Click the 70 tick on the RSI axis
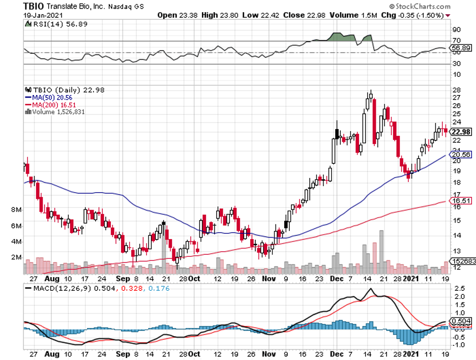[x=457, y=41]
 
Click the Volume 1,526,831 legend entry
[x=58, y=111]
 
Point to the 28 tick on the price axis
[x=456, y=91]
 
